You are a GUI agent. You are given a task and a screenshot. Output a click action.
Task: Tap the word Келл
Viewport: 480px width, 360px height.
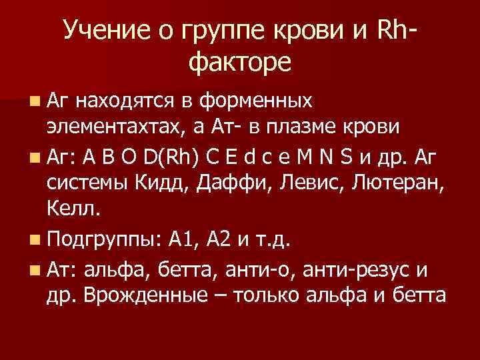(74, 211)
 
